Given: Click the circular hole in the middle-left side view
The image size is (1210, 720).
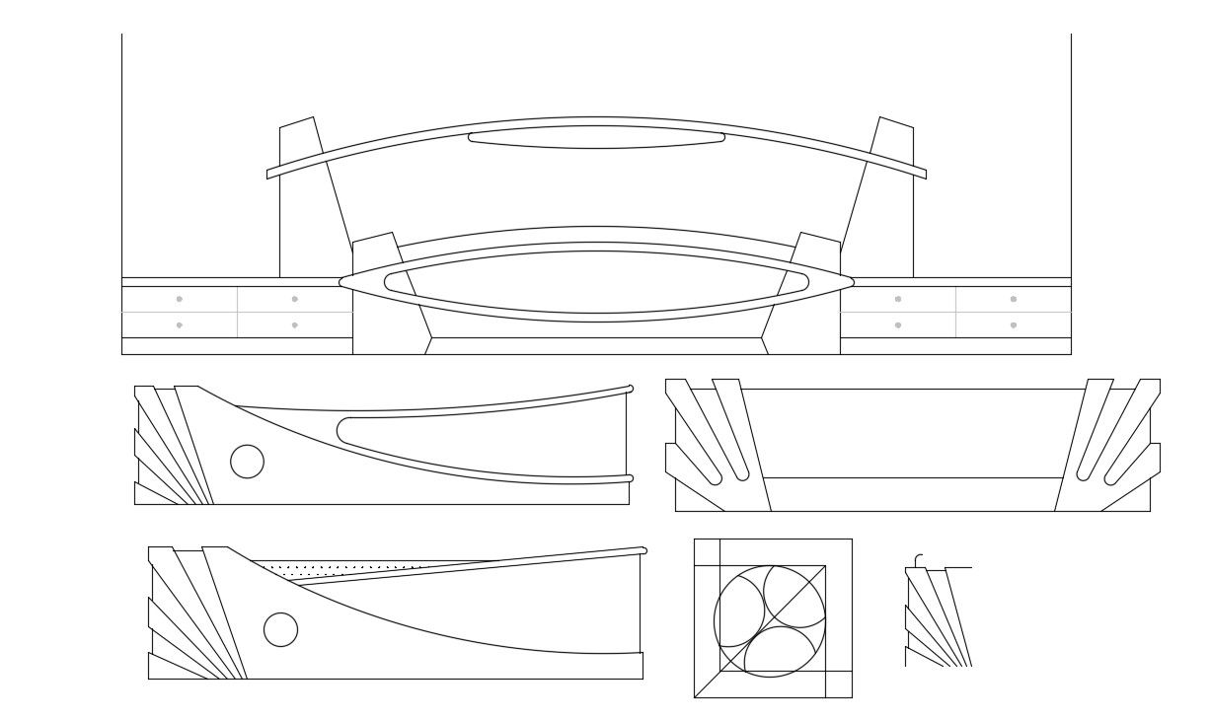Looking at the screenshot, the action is click(x=247, y=461).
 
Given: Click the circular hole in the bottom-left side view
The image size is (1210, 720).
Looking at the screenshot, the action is click(x=281, y=629).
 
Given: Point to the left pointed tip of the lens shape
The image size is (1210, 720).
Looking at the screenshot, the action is click(x=341, y=282).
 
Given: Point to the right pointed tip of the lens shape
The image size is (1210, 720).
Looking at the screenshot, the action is click(x=852, y=282).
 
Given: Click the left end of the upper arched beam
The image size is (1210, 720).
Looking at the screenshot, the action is click(x=268, y=174).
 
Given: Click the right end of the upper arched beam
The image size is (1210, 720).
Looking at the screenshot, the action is click(x=924, y=174).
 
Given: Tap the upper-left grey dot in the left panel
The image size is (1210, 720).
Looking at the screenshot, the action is click(x=179, y=299).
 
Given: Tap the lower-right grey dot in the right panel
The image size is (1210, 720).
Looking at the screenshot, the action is click(x=1014, y=324).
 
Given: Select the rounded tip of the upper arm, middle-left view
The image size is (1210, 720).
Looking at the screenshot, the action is click(x=630, y=389).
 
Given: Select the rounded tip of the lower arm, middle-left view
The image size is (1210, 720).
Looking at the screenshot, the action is click(x=630, y=478).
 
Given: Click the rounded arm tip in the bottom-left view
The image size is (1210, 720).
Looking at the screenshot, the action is click(x=643, y=550).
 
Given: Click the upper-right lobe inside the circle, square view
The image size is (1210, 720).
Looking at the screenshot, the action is click(x=795, y=597).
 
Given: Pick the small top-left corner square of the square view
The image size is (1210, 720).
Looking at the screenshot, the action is click(x=707, y=552).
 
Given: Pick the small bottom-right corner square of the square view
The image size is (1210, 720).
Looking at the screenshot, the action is click(x=838, y=684).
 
